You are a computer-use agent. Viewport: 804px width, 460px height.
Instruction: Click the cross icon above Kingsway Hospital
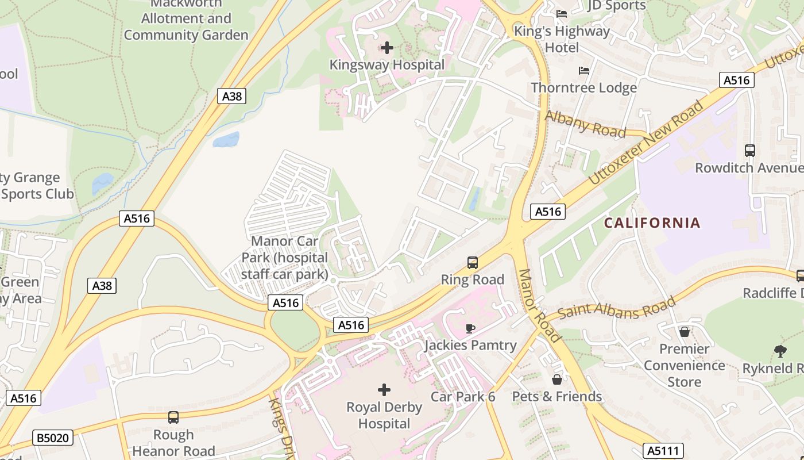coord(387,47)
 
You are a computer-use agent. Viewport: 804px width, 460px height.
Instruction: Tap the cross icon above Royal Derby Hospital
coord(384,390)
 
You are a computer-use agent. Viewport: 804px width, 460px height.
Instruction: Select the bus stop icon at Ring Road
coord(472,263)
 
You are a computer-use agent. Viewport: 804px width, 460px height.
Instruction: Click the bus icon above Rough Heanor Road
coord(173,417)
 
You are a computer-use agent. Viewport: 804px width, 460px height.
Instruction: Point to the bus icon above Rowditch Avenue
coord(749,151)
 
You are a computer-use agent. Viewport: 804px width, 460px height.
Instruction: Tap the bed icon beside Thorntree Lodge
coord(584,71)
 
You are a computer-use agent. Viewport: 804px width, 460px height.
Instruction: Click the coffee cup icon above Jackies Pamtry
coord(470,328)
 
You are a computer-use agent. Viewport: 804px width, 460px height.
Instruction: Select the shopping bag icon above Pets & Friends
coord(556,379)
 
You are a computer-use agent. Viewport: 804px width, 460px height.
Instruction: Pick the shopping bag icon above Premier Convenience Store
coord(684,332)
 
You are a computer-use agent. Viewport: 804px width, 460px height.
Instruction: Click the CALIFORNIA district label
coord(652,223)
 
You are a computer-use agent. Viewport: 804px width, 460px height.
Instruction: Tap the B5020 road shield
coord(53,438)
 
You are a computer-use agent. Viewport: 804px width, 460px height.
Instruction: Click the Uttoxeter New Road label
coord(645,143)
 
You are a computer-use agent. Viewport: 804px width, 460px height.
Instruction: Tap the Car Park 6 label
coord(462,397)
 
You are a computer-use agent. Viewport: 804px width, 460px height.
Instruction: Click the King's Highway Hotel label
coord(561,39)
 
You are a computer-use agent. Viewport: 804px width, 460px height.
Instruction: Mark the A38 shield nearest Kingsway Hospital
coord(232,96)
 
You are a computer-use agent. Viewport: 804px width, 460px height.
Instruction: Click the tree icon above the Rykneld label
coord(780,351)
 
